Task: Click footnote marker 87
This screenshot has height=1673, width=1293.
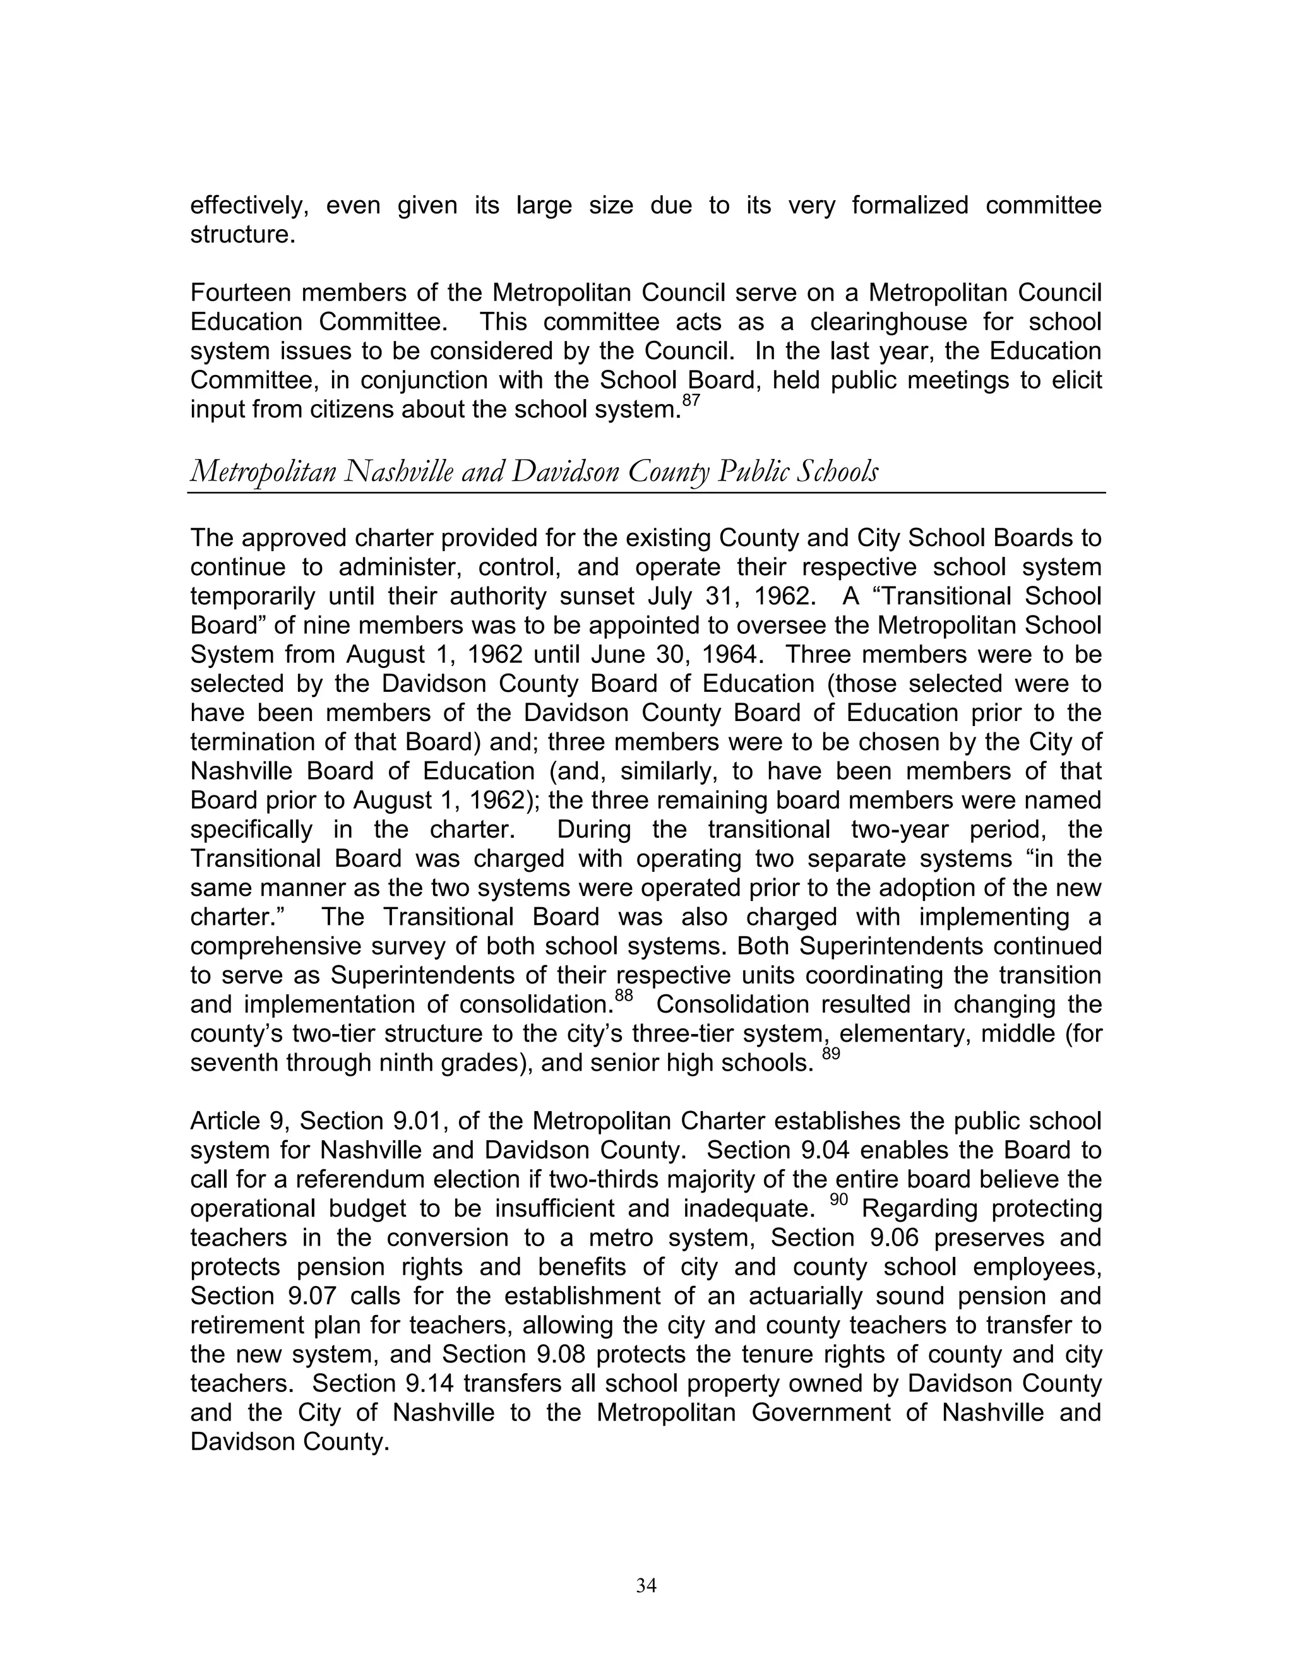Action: click(x=690, y=401)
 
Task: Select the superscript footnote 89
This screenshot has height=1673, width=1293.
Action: click(x=831, y=1054)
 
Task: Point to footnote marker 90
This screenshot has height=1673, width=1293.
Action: click(x=839, y=1200)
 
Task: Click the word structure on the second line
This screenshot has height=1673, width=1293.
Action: click(x=242, y=234)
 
